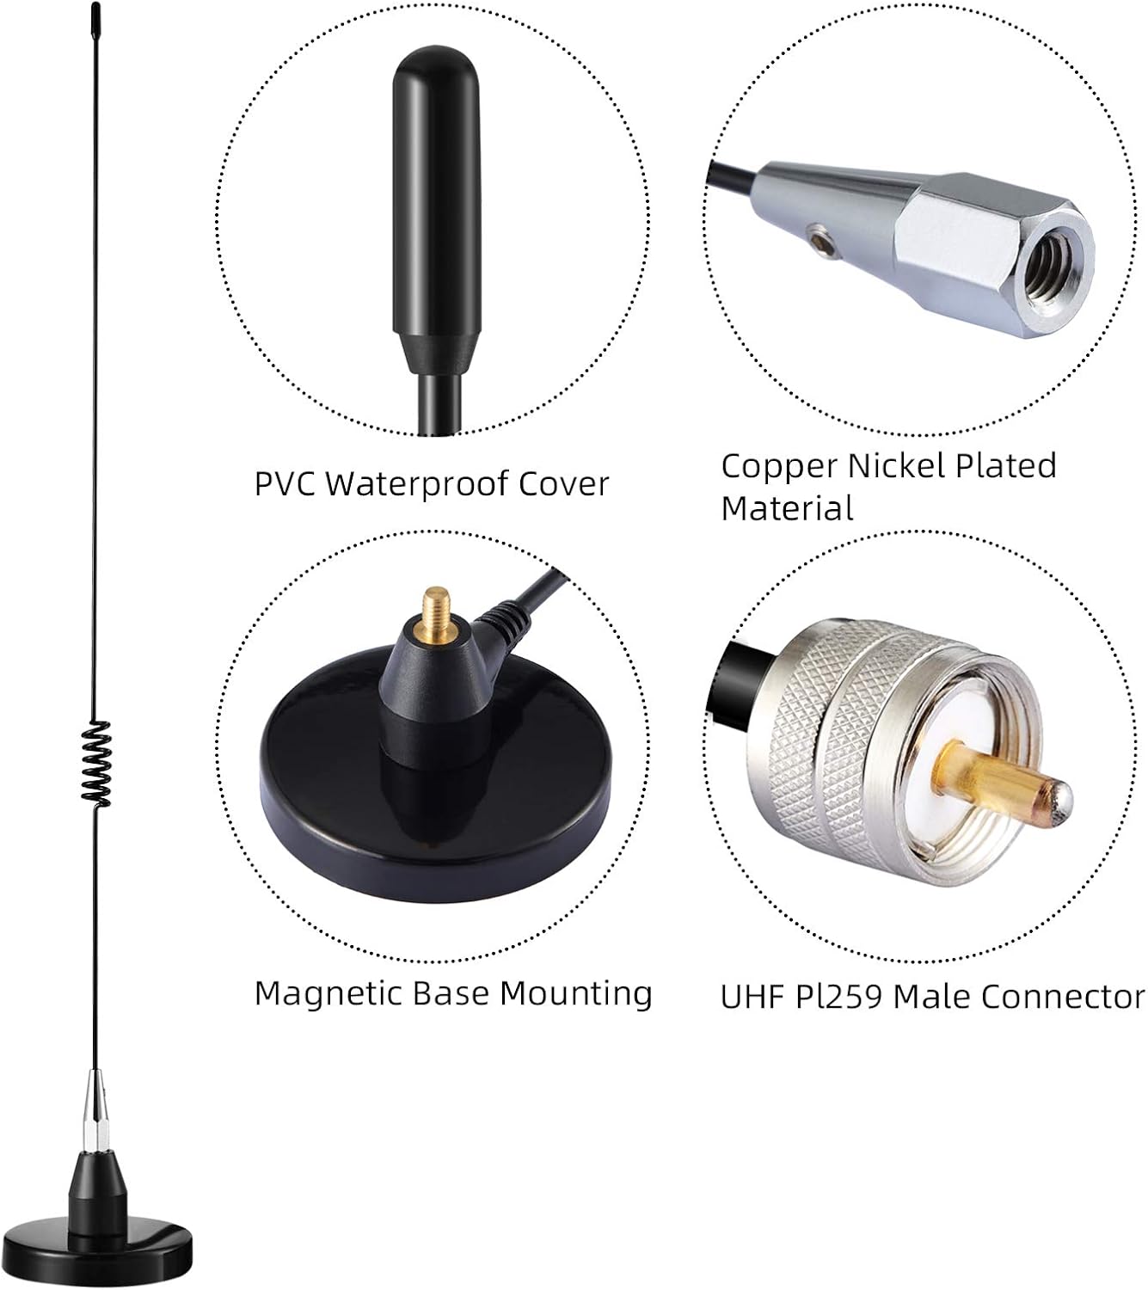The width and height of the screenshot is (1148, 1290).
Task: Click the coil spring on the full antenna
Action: [99, 764]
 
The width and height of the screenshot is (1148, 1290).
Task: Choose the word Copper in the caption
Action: [779, 467]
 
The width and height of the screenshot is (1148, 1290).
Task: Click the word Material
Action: [787, 508]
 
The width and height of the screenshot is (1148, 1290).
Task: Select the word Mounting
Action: [576, 994]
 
